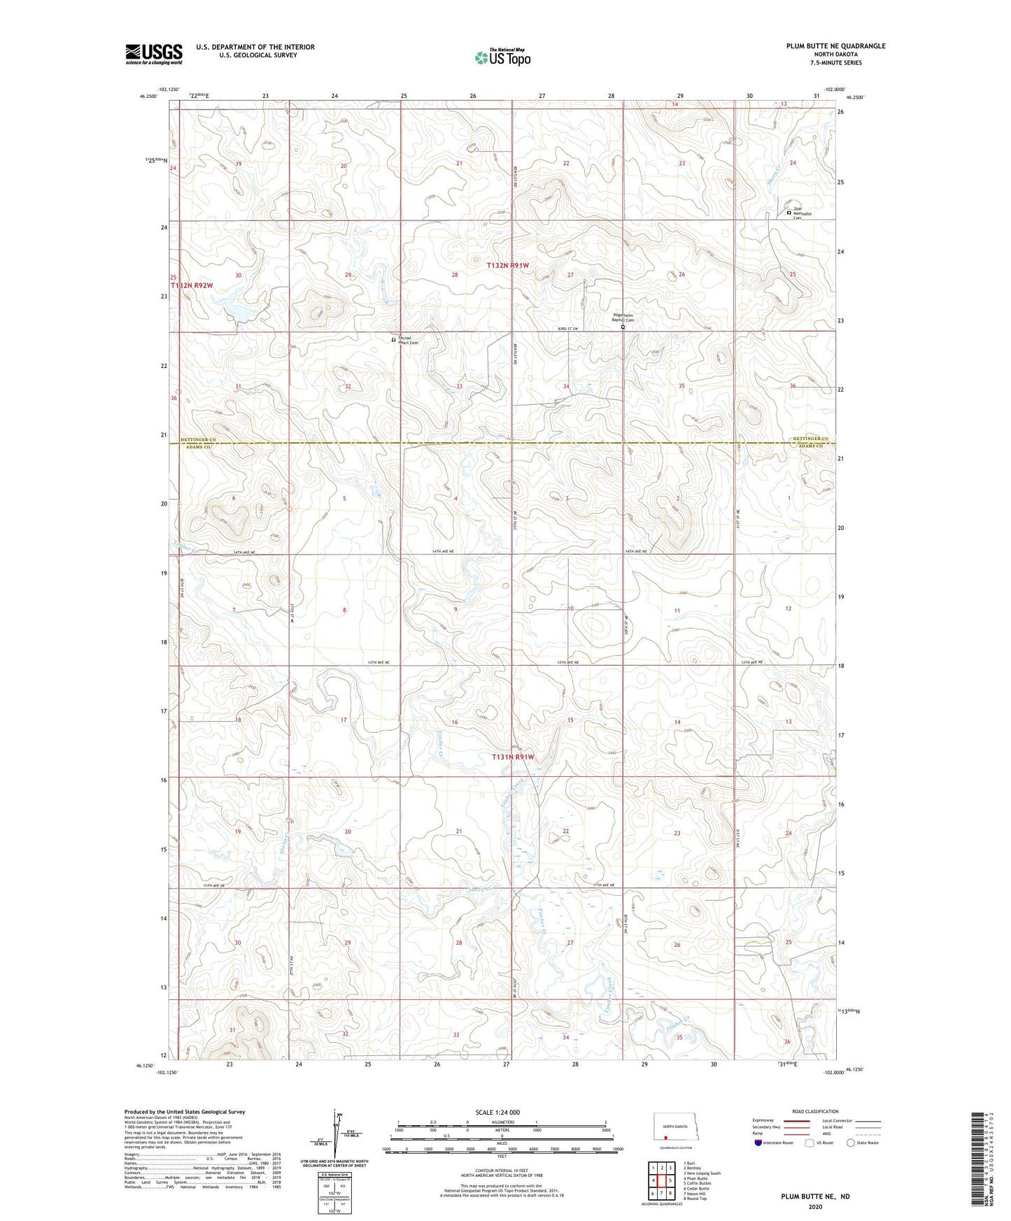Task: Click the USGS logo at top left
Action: [x=153, y=54]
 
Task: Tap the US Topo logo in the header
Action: [x=502, y=57]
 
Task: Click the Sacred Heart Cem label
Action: [x=408, y=341]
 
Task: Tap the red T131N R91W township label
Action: [x=513, y=757]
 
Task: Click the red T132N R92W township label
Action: [x=190, y=285]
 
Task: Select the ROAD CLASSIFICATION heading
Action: [x=815, y=1111]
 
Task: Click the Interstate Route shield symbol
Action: [x=758, y=1143]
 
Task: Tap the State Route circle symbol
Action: [x=851, y=1143]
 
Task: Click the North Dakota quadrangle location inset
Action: [x=671, y=1127]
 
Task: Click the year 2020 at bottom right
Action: [x=814, y=1206]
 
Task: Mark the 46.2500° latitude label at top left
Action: [x=148, y=97]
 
